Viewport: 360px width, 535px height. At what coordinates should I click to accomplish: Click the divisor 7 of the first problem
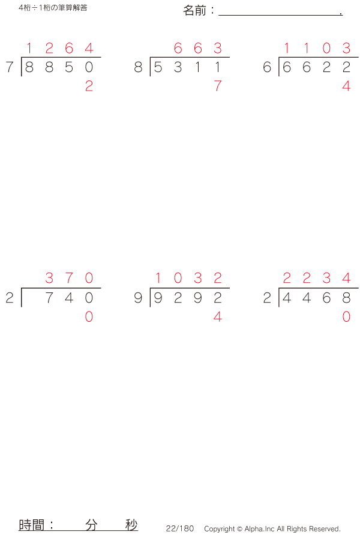(x=10, y=68)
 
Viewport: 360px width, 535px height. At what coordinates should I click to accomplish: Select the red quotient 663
(x=197, y=48)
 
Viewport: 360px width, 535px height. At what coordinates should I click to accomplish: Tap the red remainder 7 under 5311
(x=217, y=86)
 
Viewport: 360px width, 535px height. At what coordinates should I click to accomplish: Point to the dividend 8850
(x=59, y=68)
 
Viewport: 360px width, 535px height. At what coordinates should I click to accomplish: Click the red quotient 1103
(x=316, y=48)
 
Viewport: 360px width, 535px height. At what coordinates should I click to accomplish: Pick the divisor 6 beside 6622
(x=267, y=68)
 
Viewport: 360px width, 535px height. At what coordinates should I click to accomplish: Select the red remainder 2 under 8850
(x=89, y=86)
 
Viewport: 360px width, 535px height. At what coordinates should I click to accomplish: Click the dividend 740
(x=69, y=298)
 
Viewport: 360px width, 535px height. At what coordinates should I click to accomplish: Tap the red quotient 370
(x=69, y=278)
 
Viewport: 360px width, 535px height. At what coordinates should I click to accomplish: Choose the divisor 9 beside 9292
(x=139, y=298)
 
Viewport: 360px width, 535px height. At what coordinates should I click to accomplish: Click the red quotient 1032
(x=188, y=278)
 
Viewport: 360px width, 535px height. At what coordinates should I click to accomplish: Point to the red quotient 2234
(x=316, y=278)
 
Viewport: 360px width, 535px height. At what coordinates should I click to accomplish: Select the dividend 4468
(x=316, y=298)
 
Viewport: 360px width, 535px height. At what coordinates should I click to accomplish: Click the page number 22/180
(x=180, y=528)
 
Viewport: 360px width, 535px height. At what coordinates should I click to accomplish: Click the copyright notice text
(x=272, y=529)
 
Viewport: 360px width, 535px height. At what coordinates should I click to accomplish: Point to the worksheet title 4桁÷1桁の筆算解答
(x=53, y=8)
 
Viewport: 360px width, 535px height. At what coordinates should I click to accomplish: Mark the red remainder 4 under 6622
(x=346, y=86)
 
